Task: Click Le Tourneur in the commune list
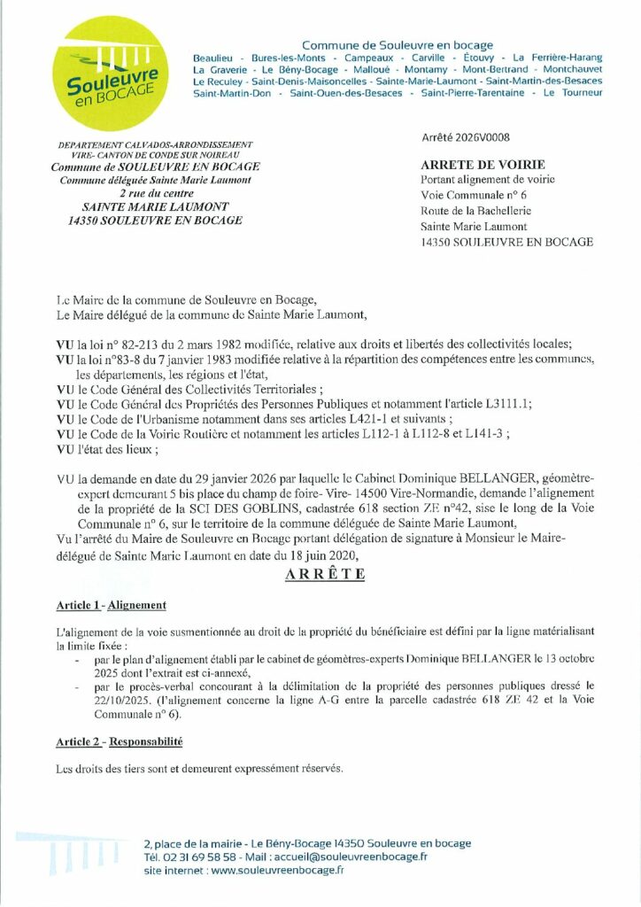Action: tap(573, 92)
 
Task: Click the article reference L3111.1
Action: tap(505, 403)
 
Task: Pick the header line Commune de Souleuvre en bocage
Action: tap(398, 45)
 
